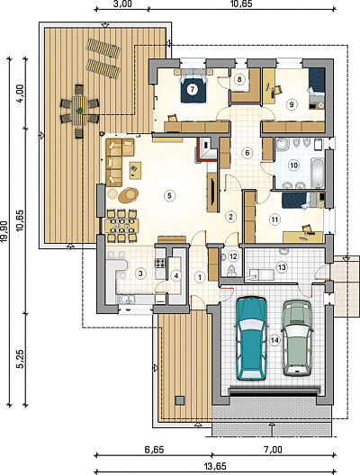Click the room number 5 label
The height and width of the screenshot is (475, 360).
point(169,195)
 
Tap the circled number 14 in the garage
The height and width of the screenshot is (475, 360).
point(274,340)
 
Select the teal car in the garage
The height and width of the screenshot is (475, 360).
point(251,338)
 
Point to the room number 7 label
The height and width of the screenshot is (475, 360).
point(193,89)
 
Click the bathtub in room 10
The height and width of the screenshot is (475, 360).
point(318,173)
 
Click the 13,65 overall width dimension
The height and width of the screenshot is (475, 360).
point(214,466)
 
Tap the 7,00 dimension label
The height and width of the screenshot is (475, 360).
point(273,450)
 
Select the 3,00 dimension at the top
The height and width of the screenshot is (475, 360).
point(123,4)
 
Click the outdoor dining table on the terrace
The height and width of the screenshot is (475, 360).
point(80,111)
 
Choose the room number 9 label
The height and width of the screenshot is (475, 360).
point(292,104)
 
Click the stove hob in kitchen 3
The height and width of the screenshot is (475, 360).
point(160,263)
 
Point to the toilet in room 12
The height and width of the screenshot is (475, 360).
point(232,269)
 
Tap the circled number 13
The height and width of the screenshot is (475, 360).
point(282,267)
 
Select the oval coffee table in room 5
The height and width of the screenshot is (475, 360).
point(128,195)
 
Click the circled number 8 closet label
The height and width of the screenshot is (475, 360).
point(239,80)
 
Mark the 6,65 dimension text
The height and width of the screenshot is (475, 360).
point(154,450)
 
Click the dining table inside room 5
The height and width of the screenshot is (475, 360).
point(121,226)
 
